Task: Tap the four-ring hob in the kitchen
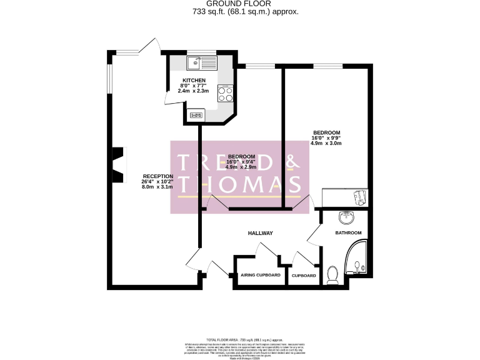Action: pyautogui.click(x=225, y=93)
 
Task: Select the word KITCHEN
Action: pyautogui.click(x=194, y=81)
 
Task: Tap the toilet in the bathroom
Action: pyautogui.click(x=333, y=274)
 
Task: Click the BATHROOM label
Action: pyautogui.click(x=348, y=233)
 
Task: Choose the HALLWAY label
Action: pyautogui.click(x=260, y=233)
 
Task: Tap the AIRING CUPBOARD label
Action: pyautogui.click(x=260, y=276)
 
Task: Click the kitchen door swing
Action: pyautogui.click(x=169, y=97)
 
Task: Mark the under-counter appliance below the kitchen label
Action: pyautogui.click(x=197, y=114)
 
